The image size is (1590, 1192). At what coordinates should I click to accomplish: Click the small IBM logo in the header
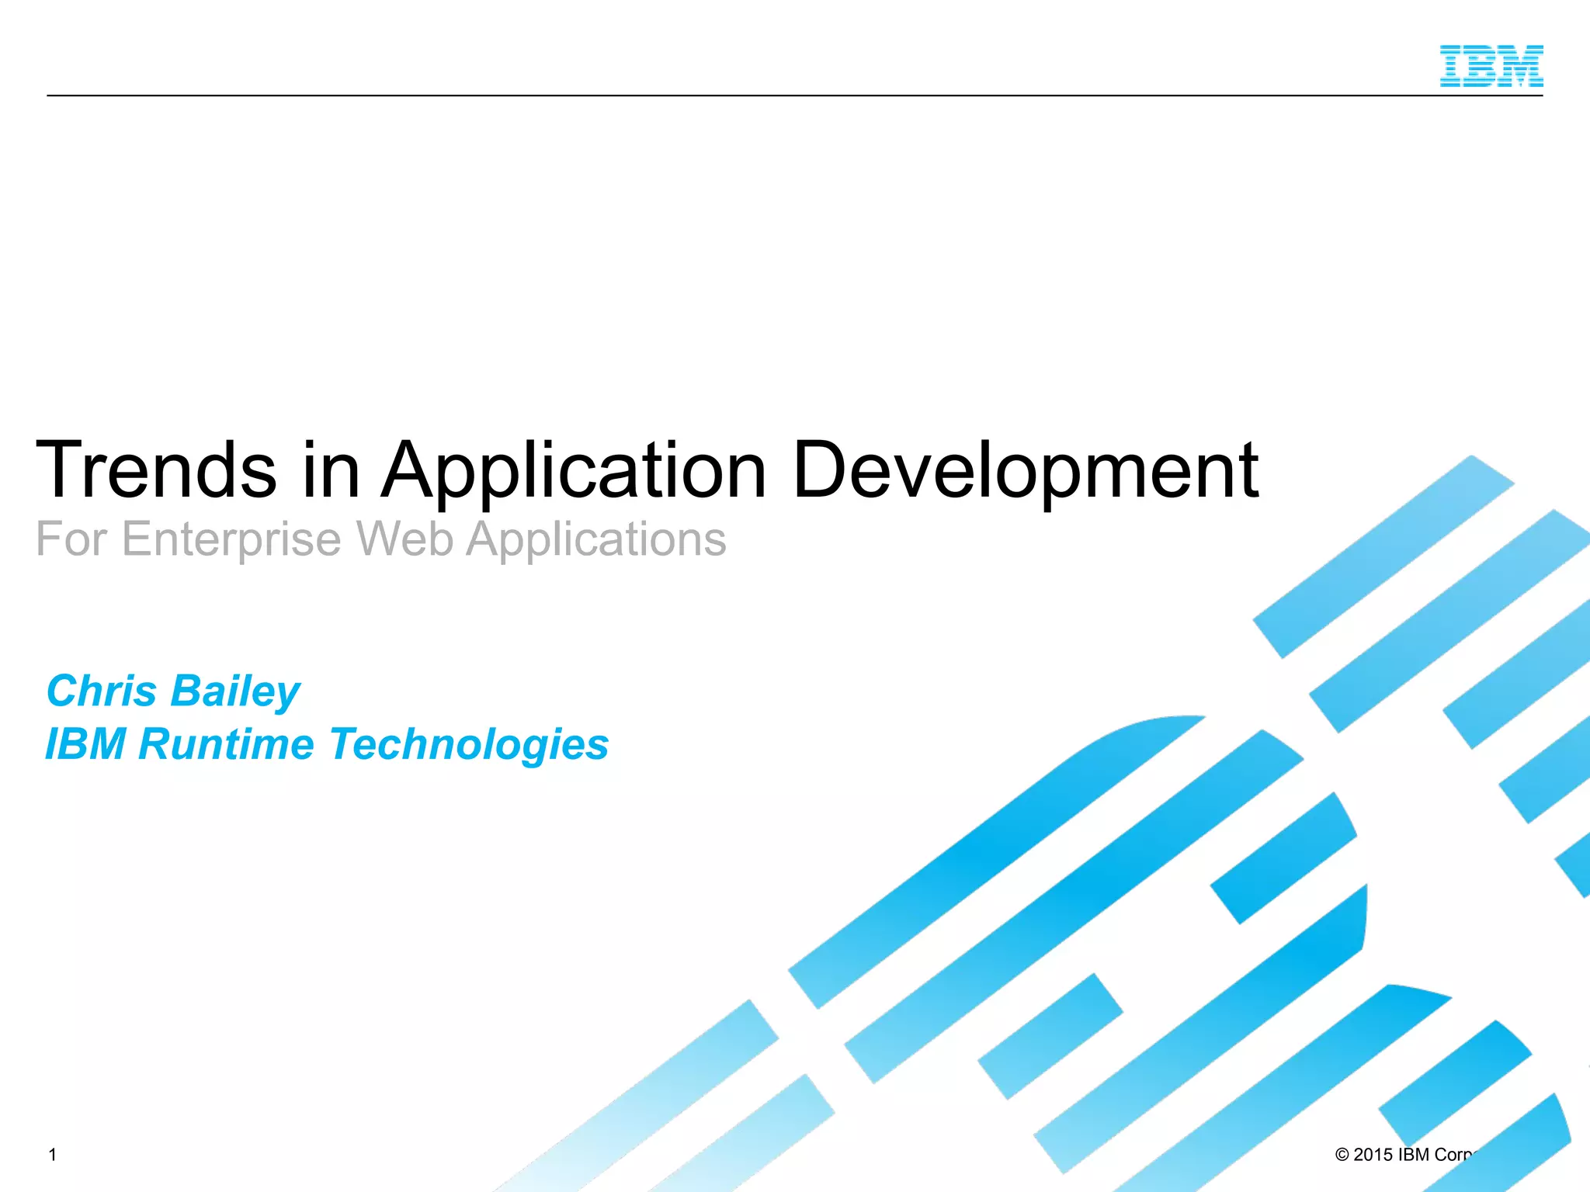point(1491,66)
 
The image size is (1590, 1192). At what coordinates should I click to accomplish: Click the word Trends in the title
point(156,470)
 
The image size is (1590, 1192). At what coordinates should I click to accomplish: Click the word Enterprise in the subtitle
point(231,539)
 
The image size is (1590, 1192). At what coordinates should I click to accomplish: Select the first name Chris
point(102,691)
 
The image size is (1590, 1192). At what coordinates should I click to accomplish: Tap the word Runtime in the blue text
point(226,744)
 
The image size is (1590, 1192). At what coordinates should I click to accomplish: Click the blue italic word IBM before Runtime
point(85,744)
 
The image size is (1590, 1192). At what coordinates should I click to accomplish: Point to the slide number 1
point(53,1155)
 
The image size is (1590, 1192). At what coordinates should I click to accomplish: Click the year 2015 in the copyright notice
point(1373,1155)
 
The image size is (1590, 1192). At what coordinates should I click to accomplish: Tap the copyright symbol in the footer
point(1342,1155)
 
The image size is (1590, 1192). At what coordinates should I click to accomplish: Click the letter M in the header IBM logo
point(1522,66)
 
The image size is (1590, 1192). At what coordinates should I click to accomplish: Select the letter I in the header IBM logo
point(1452,66)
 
